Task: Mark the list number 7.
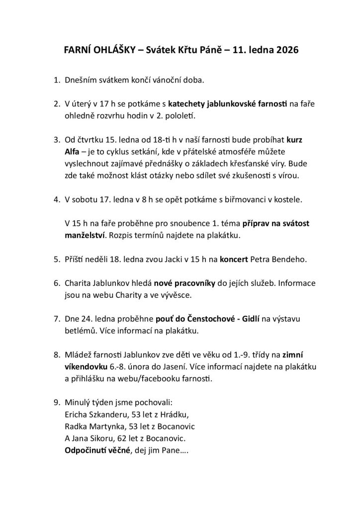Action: click(x=57, y=319)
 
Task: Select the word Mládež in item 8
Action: click(x=80, y=355)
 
